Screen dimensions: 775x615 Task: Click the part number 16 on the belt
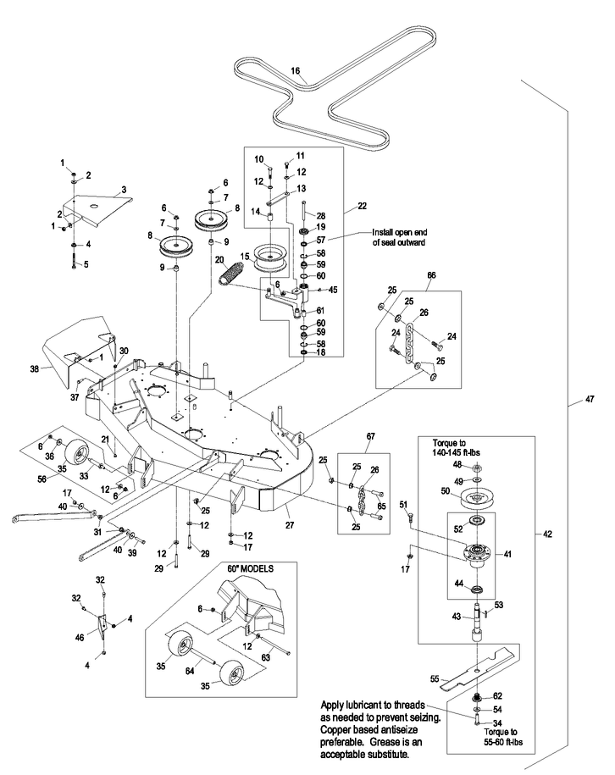(x=296, y=72)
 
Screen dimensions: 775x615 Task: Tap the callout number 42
(x=548, y=534)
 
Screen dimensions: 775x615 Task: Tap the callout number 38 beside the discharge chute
(x=34, y=369)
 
